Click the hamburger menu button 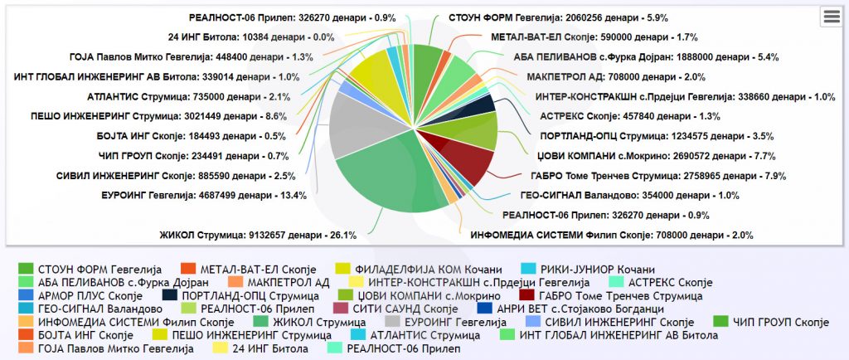tap(831, 17)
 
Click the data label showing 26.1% tap(258, 236)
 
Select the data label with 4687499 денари tap(204, 196)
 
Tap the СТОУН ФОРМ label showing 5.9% tap(558, 18)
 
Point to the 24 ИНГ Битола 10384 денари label tap(251, 37)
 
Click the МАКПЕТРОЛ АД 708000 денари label tap(616, 77)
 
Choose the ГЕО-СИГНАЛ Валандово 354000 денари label tap(630, 196)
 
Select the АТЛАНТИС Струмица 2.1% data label tap(189, 97)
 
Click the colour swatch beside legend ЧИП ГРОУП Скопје tap(720, 322)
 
